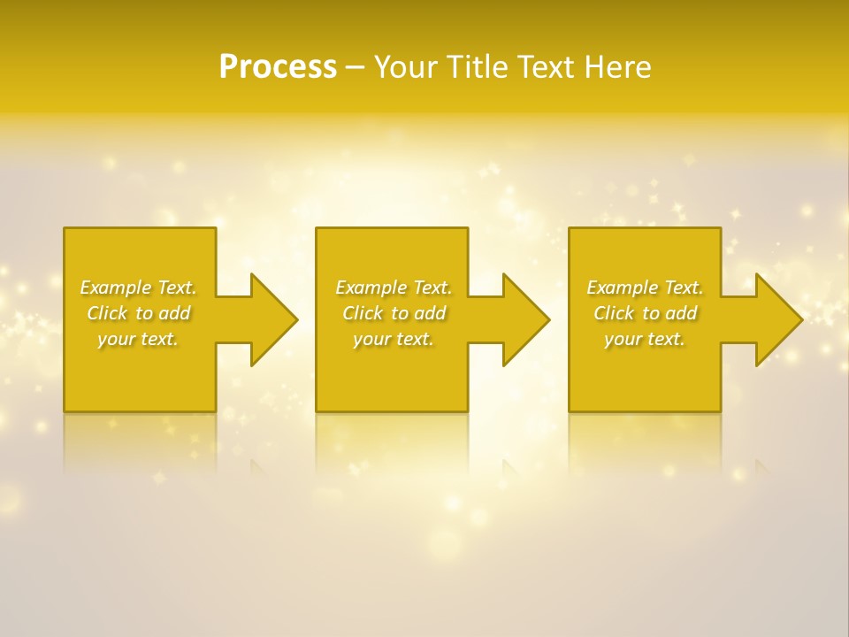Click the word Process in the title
point(278,67)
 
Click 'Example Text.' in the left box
point(138,288)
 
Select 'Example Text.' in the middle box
point(394,288)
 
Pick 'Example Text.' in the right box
point(645,288)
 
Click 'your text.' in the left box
point(138,339)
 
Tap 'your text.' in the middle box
point(394,339)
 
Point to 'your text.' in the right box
point(645,339)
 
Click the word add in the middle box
point(430,313)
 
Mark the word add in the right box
point(681,313)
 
